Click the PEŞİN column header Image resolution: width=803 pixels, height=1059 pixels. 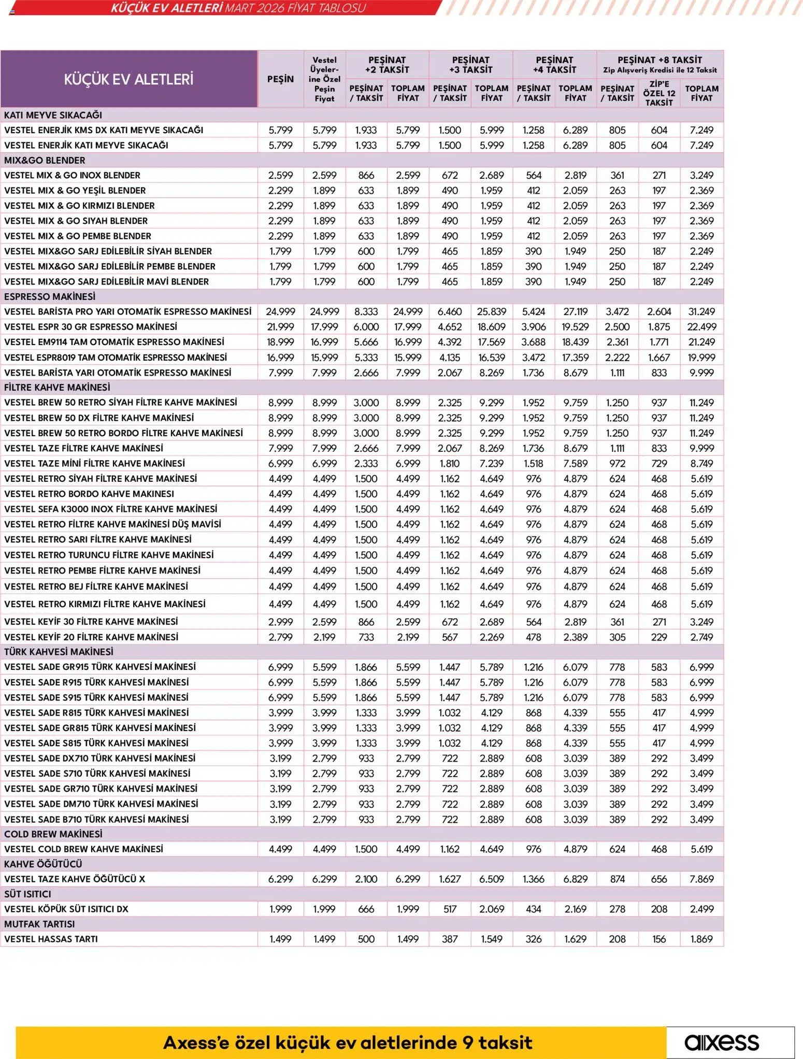click(x=280, y=79)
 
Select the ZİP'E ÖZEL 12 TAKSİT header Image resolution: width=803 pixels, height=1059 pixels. click(x=659, y=93)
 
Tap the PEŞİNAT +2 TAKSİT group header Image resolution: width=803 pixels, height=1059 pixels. click(x=387, y=65)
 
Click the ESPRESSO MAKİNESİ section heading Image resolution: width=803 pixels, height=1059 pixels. click(x=50, y=296)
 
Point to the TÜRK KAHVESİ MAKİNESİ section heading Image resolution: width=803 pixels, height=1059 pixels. click(x=59, y=652)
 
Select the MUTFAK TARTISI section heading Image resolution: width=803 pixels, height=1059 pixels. click(x=39, y=924)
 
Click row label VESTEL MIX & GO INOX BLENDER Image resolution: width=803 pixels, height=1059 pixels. click(x=72, y=175)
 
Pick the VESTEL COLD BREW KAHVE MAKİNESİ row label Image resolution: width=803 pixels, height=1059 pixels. click(x=83, y=849)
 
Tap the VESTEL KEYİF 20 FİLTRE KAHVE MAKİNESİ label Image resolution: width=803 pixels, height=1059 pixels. click(x=91, y=637)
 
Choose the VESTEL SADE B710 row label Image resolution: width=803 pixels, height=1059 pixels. click(x=96, y=819)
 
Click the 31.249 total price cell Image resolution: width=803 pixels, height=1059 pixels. click(x=701, y=311)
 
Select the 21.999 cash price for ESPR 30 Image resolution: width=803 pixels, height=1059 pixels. click(x=280, y=327)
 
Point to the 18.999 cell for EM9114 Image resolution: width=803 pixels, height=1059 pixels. click(x=280, y=342)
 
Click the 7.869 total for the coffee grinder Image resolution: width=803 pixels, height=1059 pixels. click(x=701, y=879)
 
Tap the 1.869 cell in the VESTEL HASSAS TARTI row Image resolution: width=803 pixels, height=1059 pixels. click(x=701, y=939)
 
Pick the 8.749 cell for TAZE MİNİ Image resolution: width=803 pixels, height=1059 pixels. click(x=701, y=463)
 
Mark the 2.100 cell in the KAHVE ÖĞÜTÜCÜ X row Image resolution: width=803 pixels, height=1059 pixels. click(x=366, y=879)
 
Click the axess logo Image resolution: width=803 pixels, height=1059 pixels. click(x=722, y=1042)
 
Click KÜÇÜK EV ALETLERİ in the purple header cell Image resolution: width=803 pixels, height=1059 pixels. click(x=128, y=79)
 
